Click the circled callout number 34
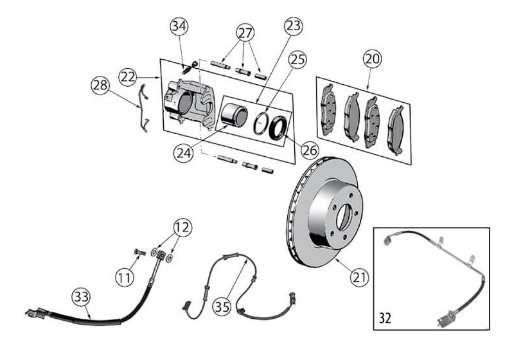pos(179,26)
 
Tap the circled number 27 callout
pos(245,33)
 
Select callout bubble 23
pos(293,26)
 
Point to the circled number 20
pos(373,59)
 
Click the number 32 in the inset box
pos(385,318)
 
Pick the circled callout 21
pos(359,277)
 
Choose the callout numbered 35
pos(222,307)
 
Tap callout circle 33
pos(81,297)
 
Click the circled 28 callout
pos(100,85)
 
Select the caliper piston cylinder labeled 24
pos(234,115)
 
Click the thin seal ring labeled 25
pos(261,123)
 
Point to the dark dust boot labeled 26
pos(278,127)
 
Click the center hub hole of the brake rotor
pos(344,217)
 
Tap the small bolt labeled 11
pos(140,252)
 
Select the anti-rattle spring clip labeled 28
pos(143,108)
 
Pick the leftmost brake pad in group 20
pos(328,110)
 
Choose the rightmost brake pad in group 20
pos(396,130)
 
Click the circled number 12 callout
pos(182,227)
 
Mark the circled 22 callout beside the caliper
pos(128,77)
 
